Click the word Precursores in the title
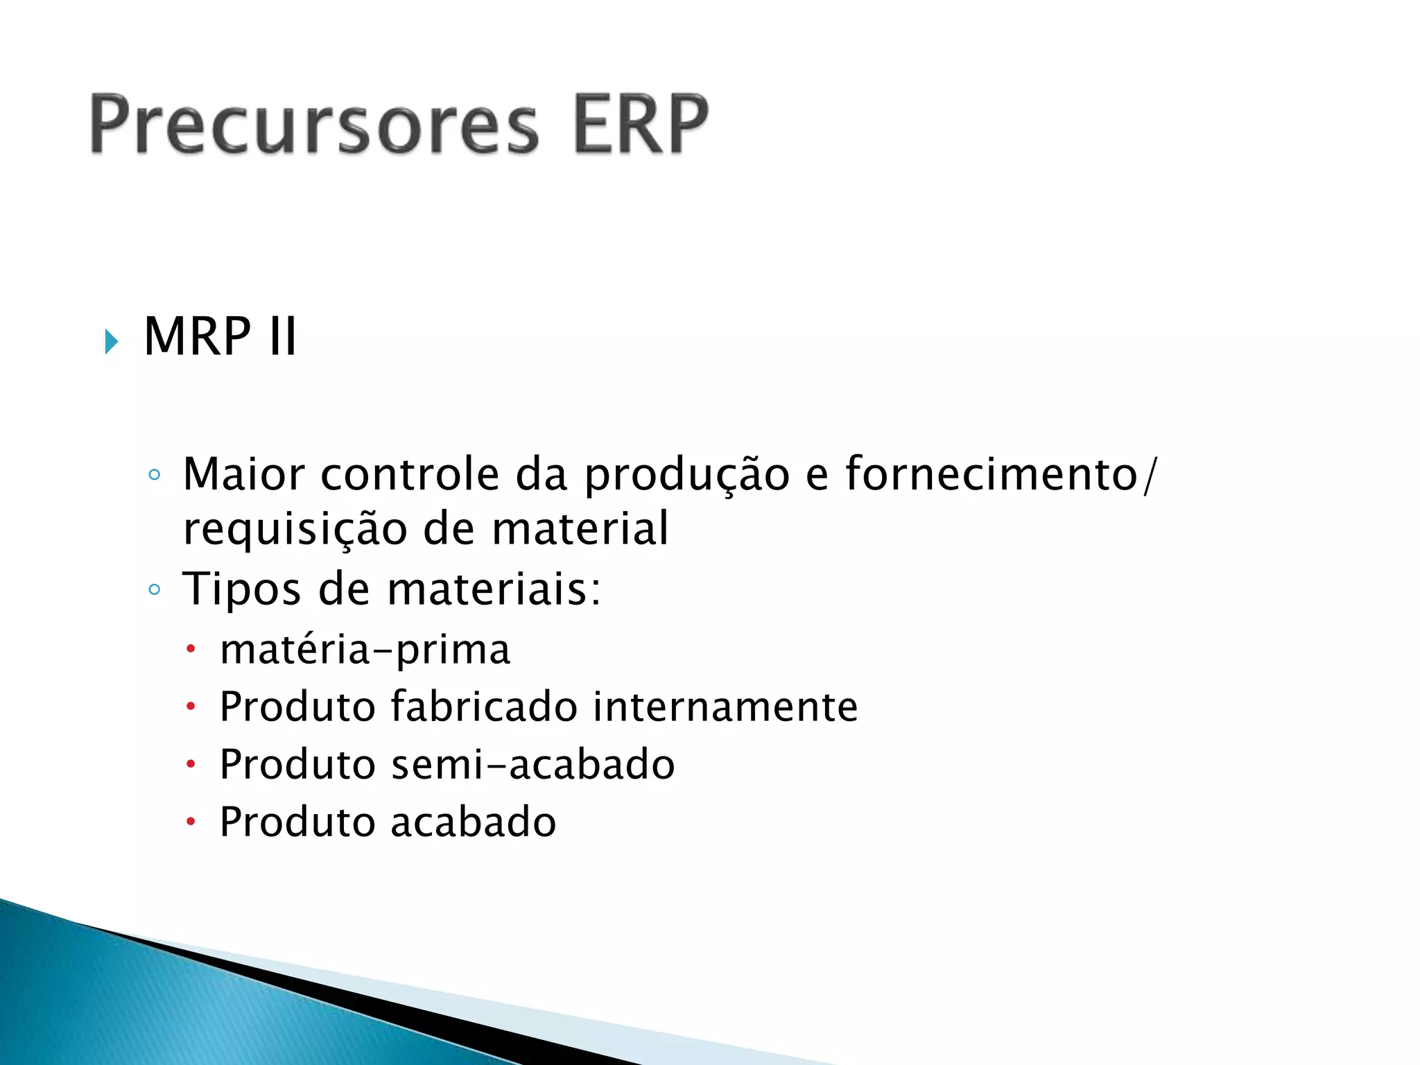click(x=313, y=125)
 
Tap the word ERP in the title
click(x=641, y=125)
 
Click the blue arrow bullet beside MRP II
click(x=111, y=341)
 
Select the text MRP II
click(x=220, y=337)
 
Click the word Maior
click(x=243, y=475)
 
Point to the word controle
click(x=410, y=475)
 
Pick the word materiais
click(x=494, y=589)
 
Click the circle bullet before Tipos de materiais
click(x=155, y=590)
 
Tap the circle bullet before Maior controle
click(x=155, y=475)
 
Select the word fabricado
click(x=484, y=707)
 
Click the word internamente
click(x=725, y=707)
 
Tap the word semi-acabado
click(x=532, y=765)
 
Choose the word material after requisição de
click(x=580, y=528)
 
